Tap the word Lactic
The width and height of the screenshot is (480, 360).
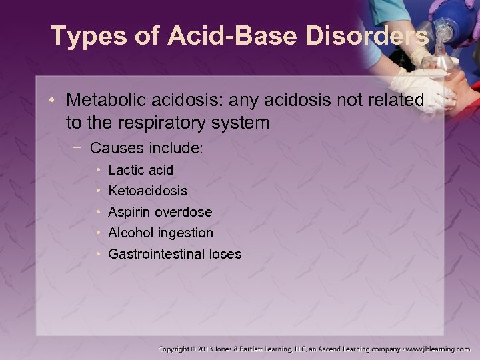[126, 170]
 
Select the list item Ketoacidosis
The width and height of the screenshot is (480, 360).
[147, 191]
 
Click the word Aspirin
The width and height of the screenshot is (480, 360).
[129, 212]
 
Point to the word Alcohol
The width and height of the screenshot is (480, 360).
[130, 233]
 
